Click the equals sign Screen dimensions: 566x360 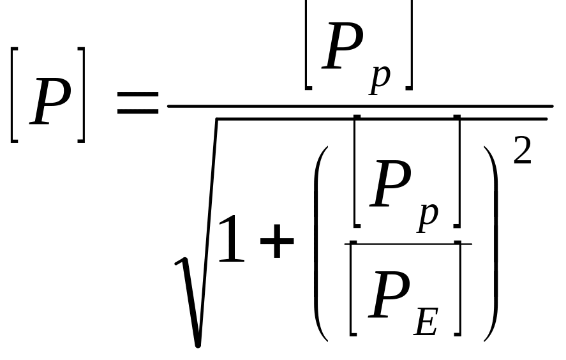138,103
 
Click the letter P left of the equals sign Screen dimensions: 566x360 50,102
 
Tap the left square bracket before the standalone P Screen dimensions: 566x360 13,95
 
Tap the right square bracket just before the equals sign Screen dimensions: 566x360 82,95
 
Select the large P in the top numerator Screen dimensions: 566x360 343,46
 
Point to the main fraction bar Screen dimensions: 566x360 361,106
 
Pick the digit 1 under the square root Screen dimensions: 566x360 231,238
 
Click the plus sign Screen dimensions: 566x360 277,241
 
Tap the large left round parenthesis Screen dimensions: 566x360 321,244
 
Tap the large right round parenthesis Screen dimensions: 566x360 491,244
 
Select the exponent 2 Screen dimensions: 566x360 522,151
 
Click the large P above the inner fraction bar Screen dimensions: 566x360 391,184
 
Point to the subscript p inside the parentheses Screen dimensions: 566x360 428,218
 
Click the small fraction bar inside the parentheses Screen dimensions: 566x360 408,244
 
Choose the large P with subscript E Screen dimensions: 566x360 389,294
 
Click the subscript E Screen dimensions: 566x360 426,322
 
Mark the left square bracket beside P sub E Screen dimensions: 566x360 353,289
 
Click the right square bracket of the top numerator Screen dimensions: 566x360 409,44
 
